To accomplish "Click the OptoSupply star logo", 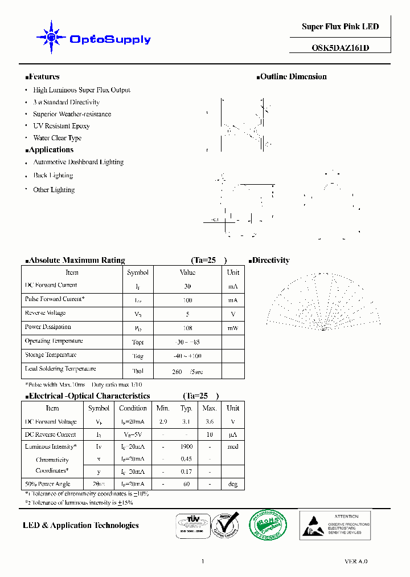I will coord(51,38).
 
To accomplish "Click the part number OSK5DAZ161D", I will coord(341,48).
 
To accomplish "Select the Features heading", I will coord(43,76).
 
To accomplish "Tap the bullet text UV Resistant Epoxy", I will coord(61,126).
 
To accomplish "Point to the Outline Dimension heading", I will coord(293,76).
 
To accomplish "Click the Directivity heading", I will coord(270,260).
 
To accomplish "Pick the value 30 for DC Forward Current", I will coord(187,286).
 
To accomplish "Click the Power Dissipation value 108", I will coord(187,328).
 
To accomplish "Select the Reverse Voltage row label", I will coord(45,313).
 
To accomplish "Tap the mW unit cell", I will coord(233,328).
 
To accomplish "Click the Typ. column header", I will coord(186,408).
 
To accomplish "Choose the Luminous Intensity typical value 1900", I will coord(186,447).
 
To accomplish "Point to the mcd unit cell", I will coord(232,447).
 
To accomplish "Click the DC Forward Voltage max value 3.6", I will coord(210,422).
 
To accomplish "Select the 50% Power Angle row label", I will coord(47,484).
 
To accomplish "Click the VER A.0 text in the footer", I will coord(356,562).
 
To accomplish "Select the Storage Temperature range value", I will coord(187,356).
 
